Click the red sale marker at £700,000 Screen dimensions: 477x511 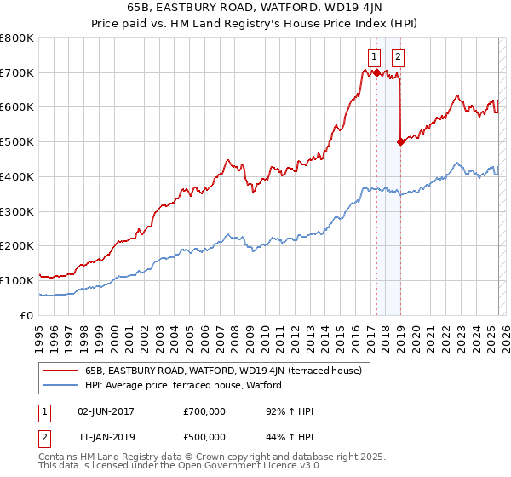(376, 73)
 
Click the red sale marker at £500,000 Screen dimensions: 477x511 (400, 142)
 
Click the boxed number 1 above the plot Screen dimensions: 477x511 (374, 57)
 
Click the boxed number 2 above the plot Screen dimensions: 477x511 (398, 57)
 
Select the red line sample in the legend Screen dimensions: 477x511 (60, 371)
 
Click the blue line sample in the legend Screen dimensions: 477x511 (60, 385)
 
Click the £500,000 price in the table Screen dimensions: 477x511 (204, 437)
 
